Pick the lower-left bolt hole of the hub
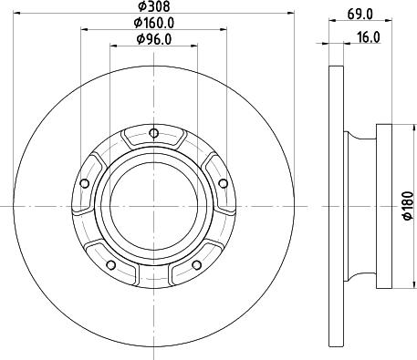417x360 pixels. coord(110,265)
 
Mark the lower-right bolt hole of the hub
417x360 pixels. coord(196,265)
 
